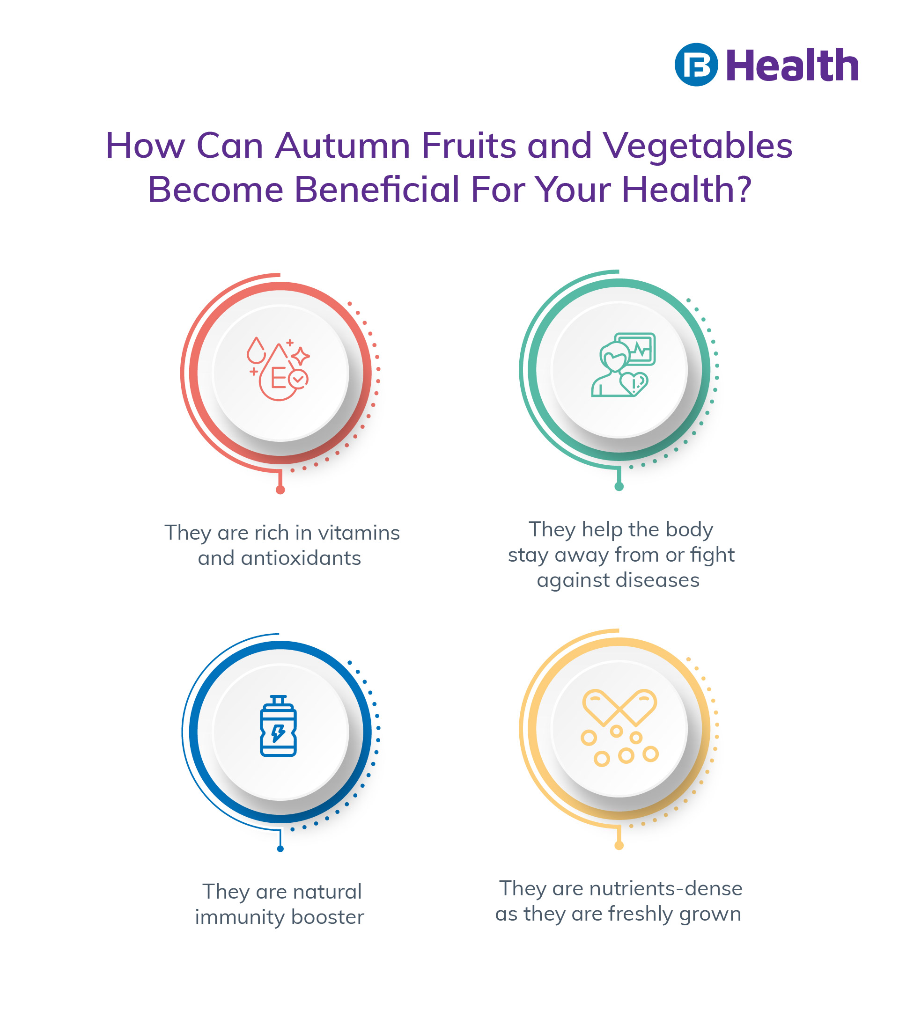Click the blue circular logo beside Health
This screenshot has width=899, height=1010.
pos(696,65)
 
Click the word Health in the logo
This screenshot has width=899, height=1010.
pos(792,65)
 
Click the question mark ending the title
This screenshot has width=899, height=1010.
pos(743,189)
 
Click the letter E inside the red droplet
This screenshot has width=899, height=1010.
pos(278,379)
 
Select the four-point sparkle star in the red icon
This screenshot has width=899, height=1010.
pos(300,356)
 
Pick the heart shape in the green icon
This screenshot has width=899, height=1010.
pos(634,383)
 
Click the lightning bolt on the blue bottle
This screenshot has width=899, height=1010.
pos(278,733)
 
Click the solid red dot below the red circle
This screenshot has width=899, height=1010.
pos(280,490)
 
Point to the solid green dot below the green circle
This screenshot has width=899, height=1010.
pos(619,487)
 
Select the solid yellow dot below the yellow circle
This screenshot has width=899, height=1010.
pos(619,845)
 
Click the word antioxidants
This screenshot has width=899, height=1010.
pos(301,558)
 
